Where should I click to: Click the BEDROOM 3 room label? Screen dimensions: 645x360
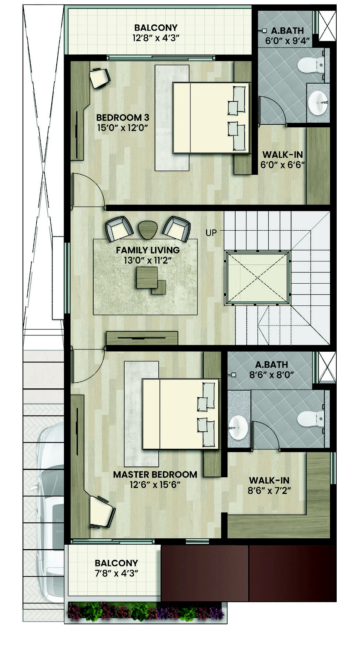pos(122,118)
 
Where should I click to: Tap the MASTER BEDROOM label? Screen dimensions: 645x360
pos(155,475)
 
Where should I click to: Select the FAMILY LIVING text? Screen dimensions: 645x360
pos(148,250)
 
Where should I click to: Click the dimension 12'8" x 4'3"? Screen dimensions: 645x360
pos(156,38)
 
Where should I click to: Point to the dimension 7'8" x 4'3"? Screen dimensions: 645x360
pos(116,574)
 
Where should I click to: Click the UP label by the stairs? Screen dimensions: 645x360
pos(211,233)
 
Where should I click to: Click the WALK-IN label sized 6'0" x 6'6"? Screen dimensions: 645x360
pos(283,155)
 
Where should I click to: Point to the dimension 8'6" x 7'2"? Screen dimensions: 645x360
pos(269,491)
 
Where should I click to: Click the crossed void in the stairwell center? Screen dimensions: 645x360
pos(258,278)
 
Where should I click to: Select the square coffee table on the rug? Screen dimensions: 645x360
pos(147,278)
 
